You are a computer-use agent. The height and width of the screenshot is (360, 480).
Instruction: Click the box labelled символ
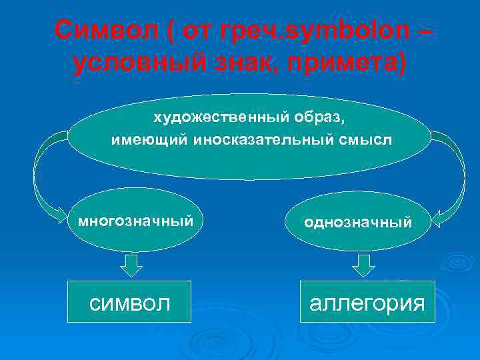pyautogui.click(x=130, y=302)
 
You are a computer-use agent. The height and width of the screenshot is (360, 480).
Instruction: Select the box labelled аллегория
pyautogui.click(x=367, y=302)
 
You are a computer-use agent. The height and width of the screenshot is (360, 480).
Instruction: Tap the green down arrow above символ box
pyautogui.click(x=131, y=265)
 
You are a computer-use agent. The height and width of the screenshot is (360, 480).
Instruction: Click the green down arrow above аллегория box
pyautogui.click(x=363, y=265)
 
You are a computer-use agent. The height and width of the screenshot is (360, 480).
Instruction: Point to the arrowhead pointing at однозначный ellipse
pyautogui.click(x=440, y=217)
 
